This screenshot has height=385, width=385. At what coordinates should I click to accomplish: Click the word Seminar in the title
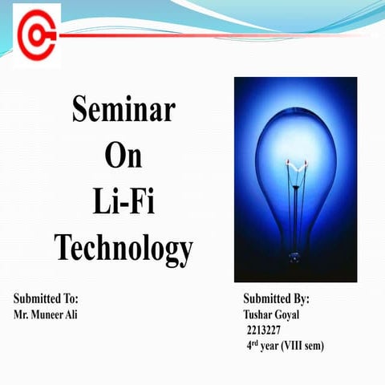click(x=124, y=109)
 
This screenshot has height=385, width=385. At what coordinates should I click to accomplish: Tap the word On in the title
click(x=124, y=156)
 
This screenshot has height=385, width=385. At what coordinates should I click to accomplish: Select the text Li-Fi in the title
click(x=124, y=201)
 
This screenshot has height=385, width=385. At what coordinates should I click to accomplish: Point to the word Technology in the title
click(x=124, y=248)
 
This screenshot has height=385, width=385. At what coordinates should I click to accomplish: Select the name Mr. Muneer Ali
click(x=46, y=314)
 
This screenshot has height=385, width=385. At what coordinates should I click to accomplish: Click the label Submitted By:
click(x=276, y=298)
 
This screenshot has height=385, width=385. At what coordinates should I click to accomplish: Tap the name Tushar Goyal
click(x=271, y=314)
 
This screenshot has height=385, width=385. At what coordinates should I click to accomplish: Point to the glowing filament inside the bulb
click(x=295, y=166)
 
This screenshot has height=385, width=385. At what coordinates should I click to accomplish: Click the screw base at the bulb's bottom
click(x=295, y=258)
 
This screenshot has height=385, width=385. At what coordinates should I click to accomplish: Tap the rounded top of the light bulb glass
click(x=295, y=112)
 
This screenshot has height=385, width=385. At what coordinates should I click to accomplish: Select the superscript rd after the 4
click(x=254, y=342)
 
